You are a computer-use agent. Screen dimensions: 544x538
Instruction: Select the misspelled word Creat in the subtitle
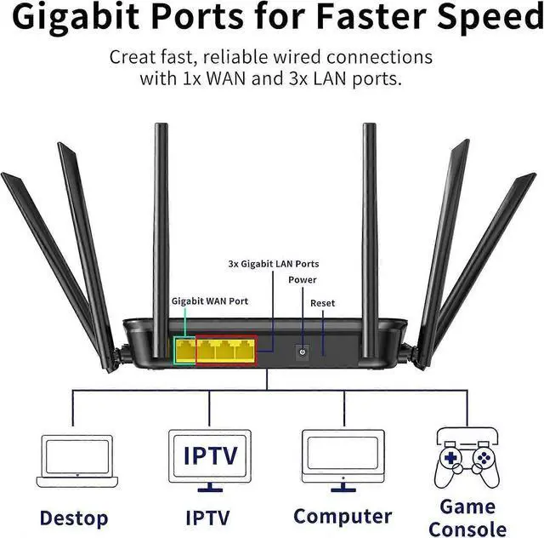(x=133, y=58)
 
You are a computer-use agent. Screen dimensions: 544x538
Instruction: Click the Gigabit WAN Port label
(x=210, y=300)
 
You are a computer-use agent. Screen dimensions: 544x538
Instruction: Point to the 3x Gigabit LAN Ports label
(x=274, y=265)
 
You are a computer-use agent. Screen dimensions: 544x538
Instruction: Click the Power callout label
(x=302, y=280)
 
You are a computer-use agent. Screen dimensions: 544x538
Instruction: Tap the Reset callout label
(x=323, y=303)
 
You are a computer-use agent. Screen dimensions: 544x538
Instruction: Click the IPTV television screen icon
(x=210, y=455)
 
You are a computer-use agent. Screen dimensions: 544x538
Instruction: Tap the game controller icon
(x=467, y=461)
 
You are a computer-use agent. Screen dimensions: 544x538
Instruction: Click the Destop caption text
(x=74, y=517)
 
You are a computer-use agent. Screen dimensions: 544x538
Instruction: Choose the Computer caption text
(x=342, y=516)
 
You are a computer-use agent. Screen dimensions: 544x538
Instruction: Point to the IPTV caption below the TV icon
(x=208, y=517)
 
